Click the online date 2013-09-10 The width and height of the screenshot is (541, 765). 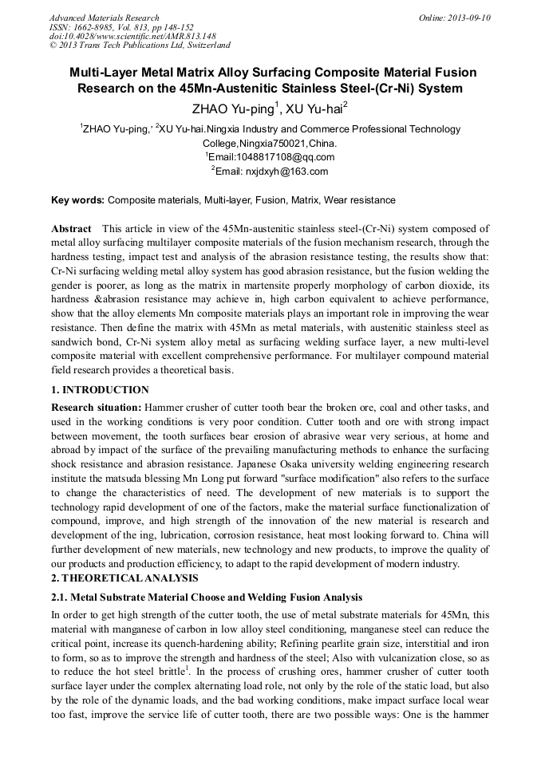[469, 18]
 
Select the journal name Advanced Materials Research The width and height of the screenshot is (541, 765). [104, 18]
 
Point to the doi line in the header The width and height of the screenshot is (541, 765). [132, 36]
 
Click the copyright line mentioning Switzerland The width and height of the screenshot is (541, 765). [140, 45]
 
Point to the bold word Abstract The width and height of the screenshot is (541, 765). [71, 229]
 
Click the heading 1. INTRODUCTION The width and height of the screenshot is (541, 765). [100, 390]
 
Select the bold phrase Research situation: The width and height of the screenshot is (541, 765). [96, 407]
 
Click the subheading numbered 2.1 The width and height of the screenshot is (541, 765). [206, 597]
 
